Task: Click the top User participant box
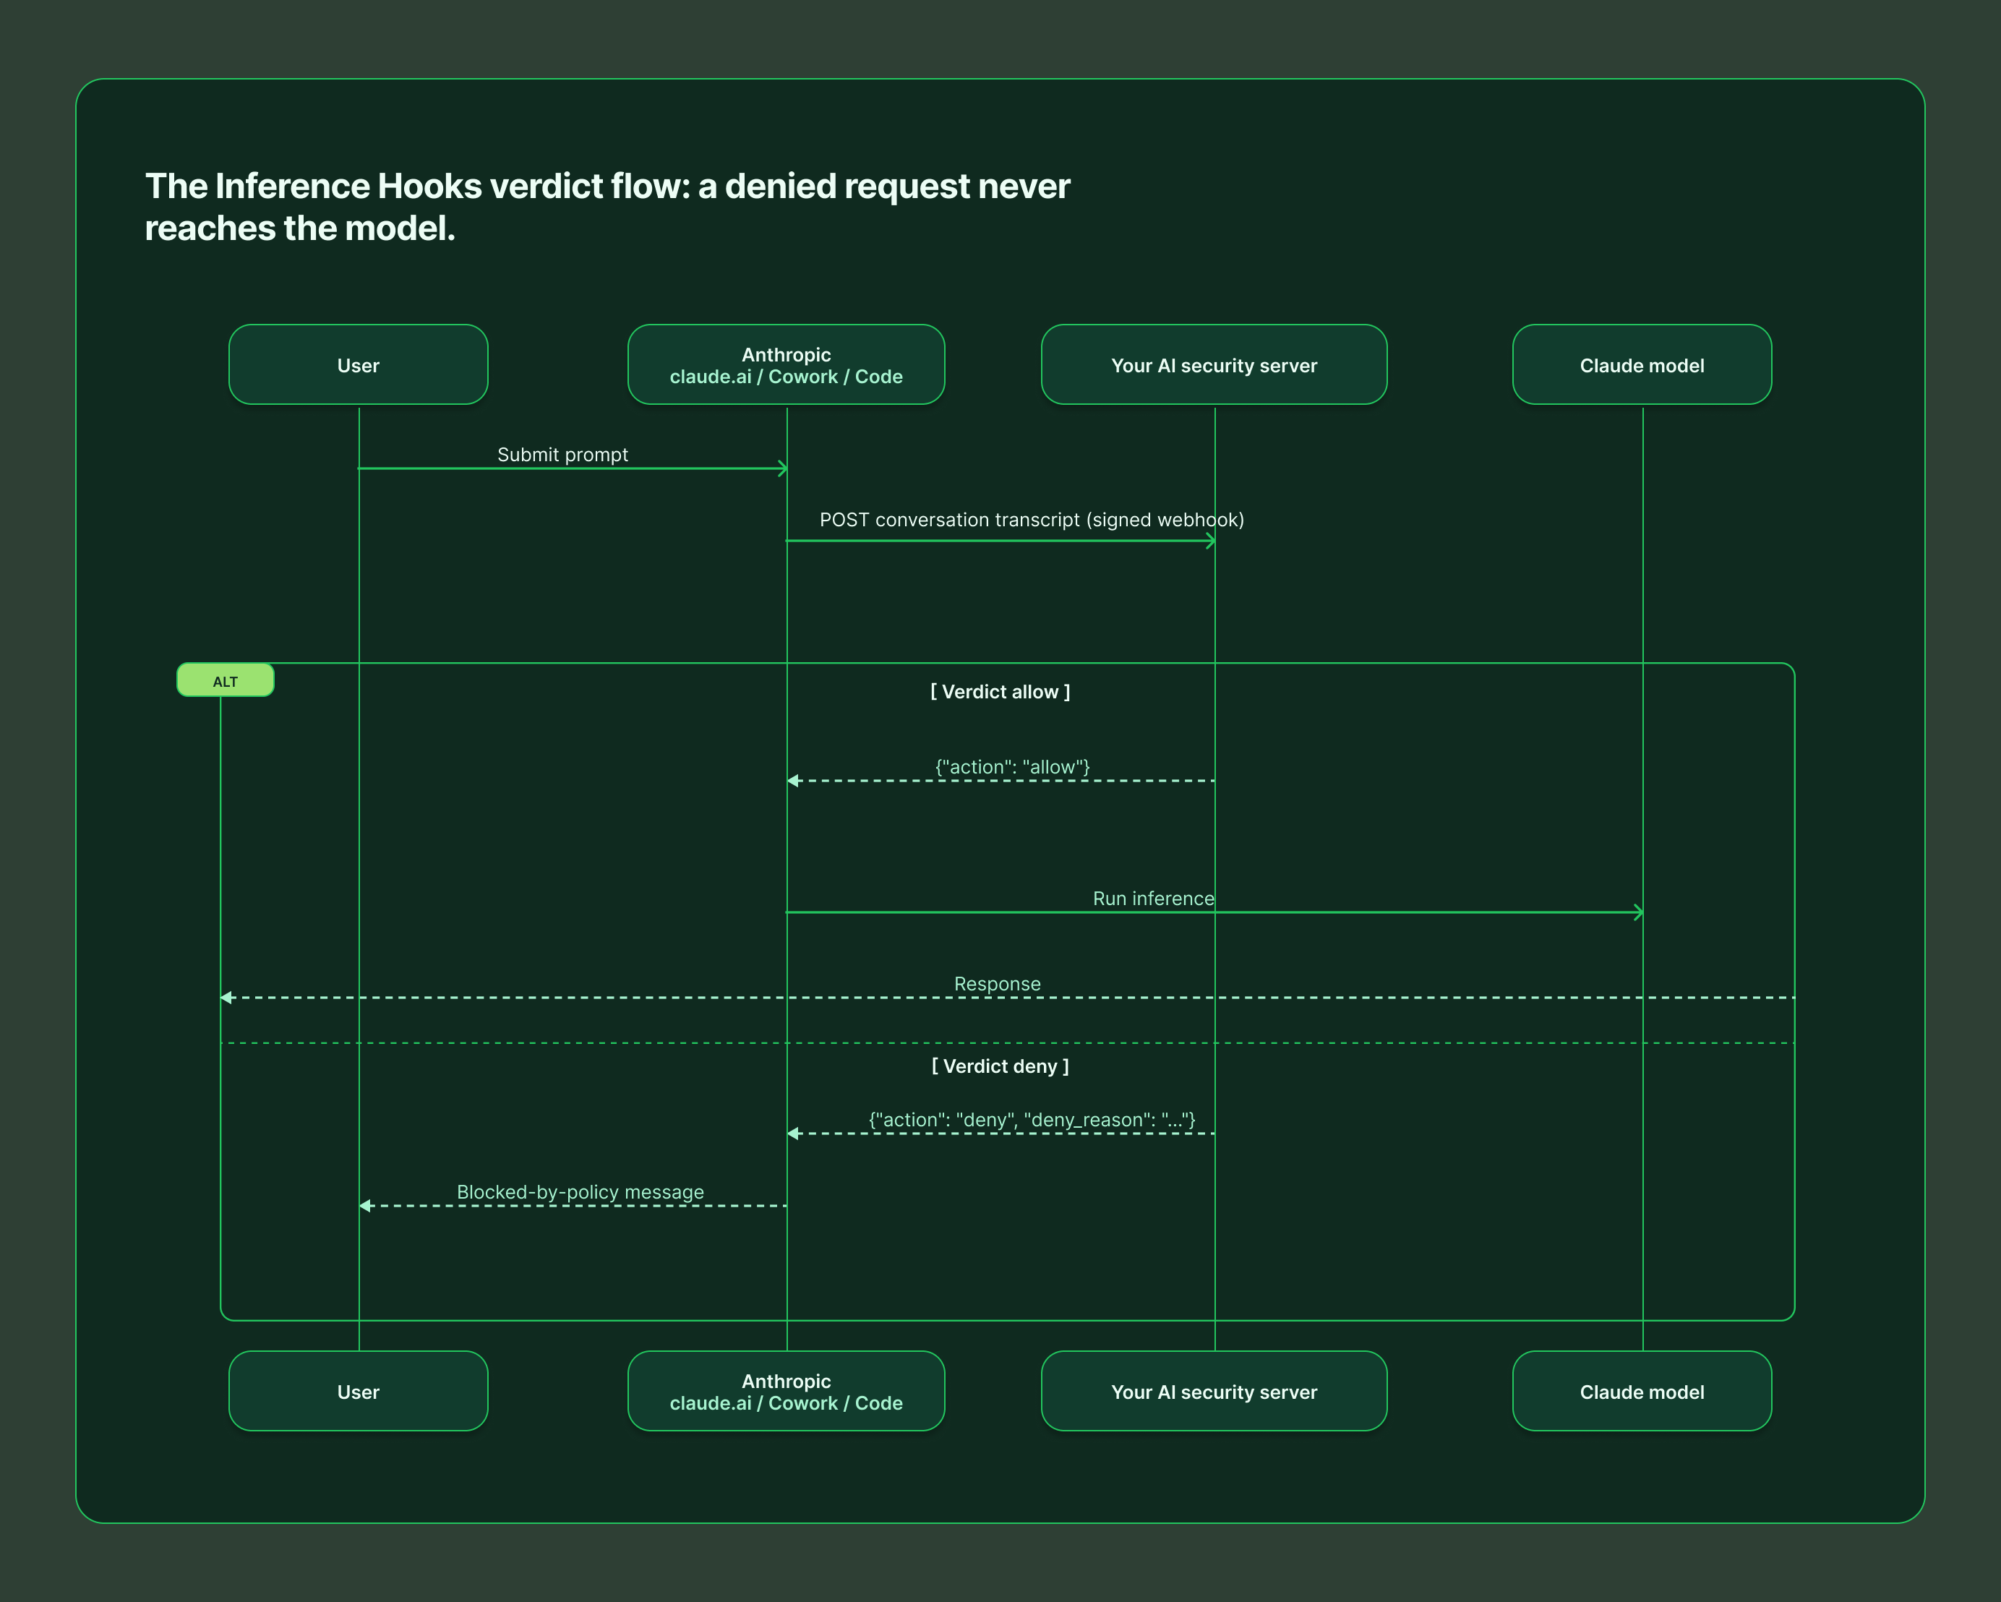click(x=359, y=365)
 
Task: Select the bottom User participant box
click(x=359, y=1392)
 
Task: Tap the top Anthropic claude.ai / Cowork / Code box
click(x=786, y=365)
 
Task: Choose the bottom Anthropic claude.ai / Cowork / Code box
click(x=786, y=1392)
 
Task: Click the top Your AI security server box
click(x=1214, y=365)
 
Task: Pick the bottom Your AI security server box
click(x=1214, y=1392)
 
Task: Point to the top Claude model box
click(x=1642, y=365)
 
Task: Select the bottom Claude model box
click(x=1642, y=1392)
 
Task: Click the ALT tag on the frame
click(x=226, y=680)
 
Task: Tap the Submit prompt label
click(x=562, y=455)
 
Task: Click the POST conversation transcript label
click(x=1031, y=520)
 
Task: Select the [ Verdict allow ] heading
click(x=1000, y=692)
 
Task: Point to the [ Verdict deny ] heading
click(x=1000, y=1066)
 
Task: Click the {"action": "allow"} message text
click(x=1013, y=766)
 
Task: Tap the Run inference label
click(x=1154, y=899)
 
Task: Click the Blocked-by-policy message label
click(x=580, y=1192)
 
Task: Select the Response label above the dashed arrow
click(x=998, y=984)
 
